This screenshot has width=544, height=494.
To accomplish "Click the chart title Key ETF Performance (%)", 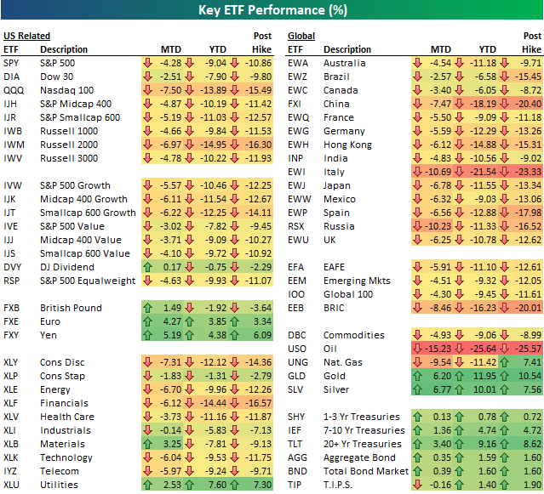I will tap(272, 9).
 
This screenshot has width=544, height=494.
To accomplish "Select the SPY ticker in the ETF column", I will tap(12, 63).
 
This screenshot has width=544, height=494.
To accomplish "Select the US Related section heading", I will tap(26, 37).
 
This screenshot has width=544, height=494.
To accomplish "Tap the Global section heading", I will tap(301, 37).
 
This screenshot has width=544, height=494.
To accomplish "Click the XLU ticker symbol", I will tap(12, 484).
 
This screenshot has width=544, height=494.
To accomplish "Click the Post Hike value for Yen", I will tap(259, 334).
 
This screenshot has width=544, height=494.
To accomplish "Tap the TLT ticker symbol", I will tap(296, 443).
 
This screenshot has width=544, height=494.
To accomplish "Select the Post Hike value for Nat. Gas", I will tap(529, 361).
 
